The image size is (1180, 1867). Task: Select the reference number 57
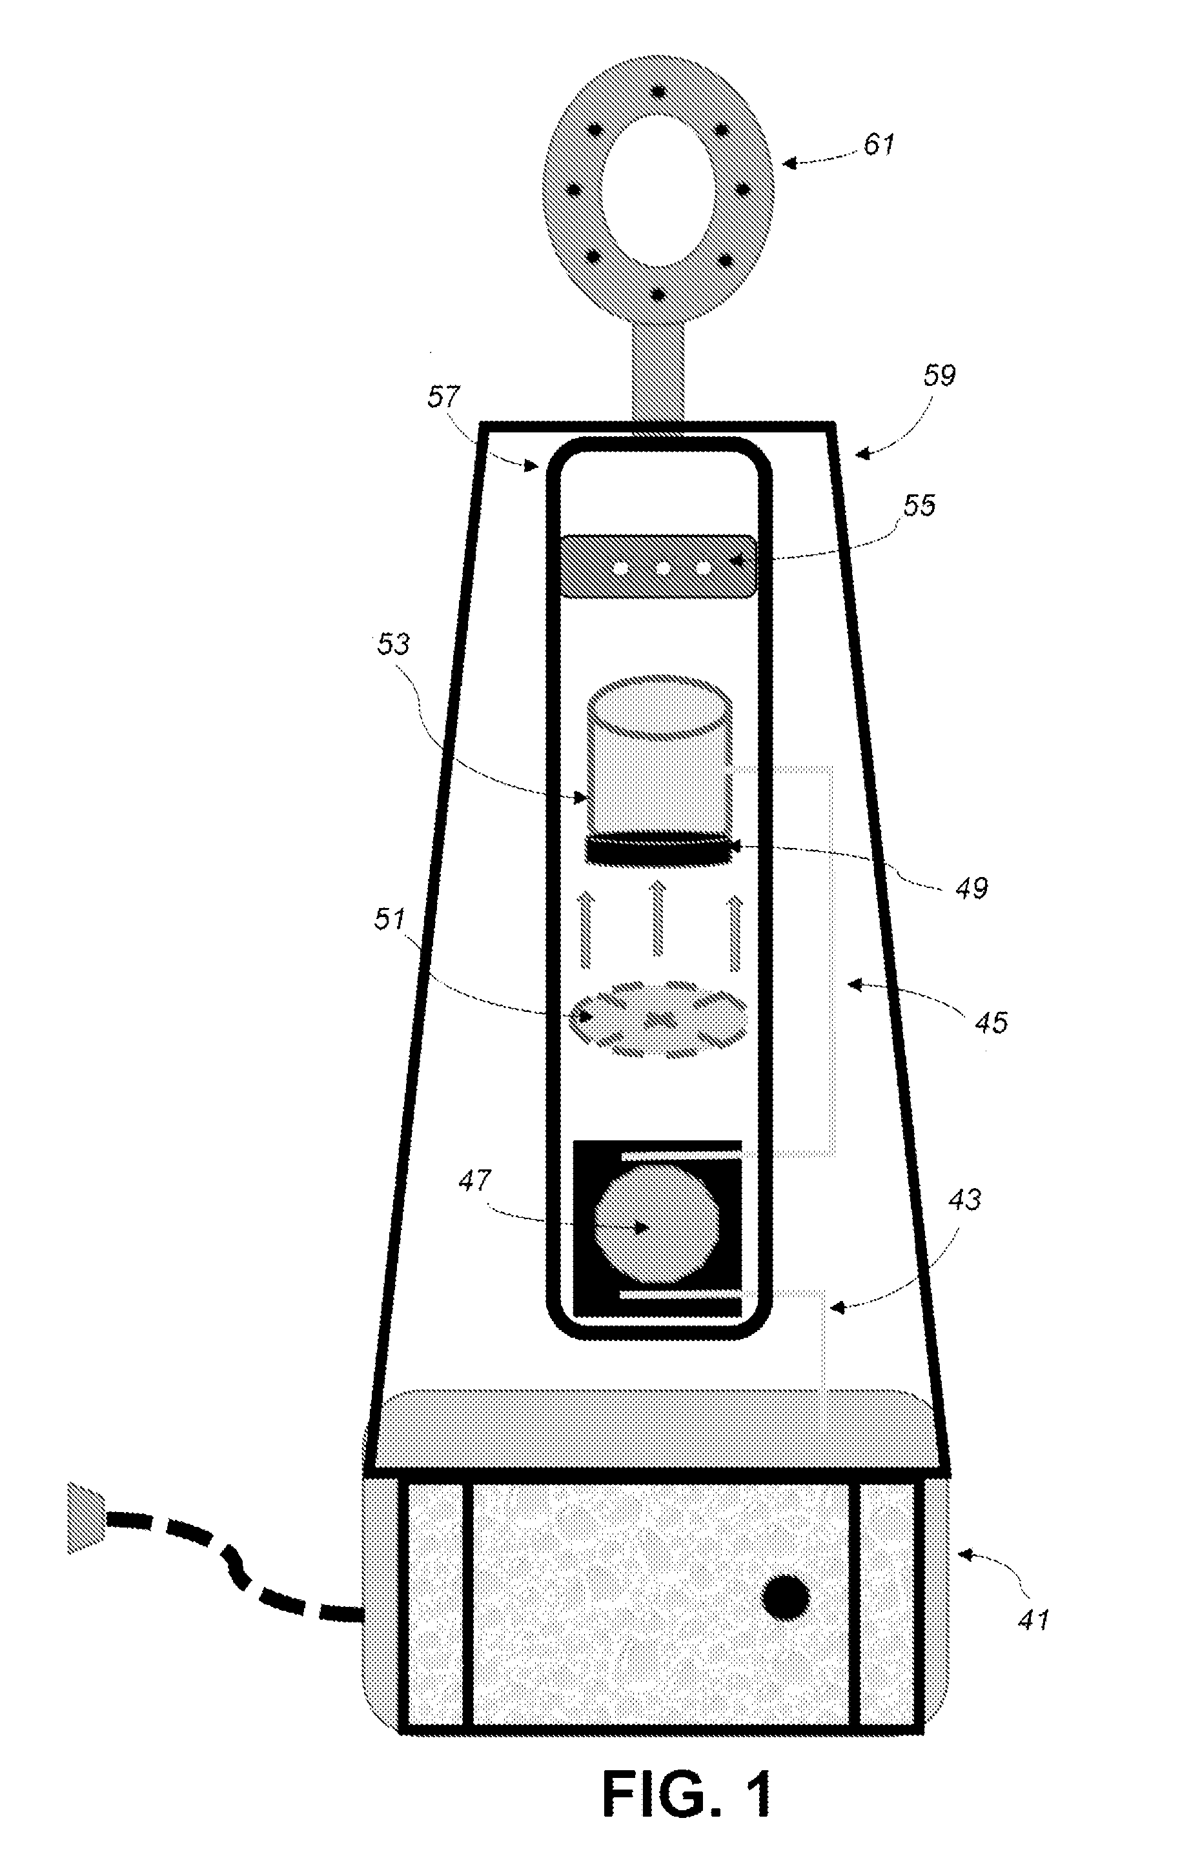443,398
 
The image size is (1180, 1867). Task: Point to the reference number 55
919,505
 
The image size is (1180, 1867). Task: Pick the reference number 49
971,888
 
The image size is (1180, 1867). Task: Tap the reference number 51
390,920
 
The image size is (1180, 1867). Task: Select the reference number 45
990,1023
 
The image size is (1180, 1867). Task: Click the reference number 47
474,1181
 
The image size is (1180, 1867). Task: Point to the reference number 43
964,1200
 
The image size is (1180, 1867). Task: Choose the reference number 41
1033,1620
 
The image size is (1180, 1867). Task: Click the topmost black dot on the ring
659,92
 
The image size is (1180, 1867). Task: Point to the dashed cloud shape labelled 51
658,1017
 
